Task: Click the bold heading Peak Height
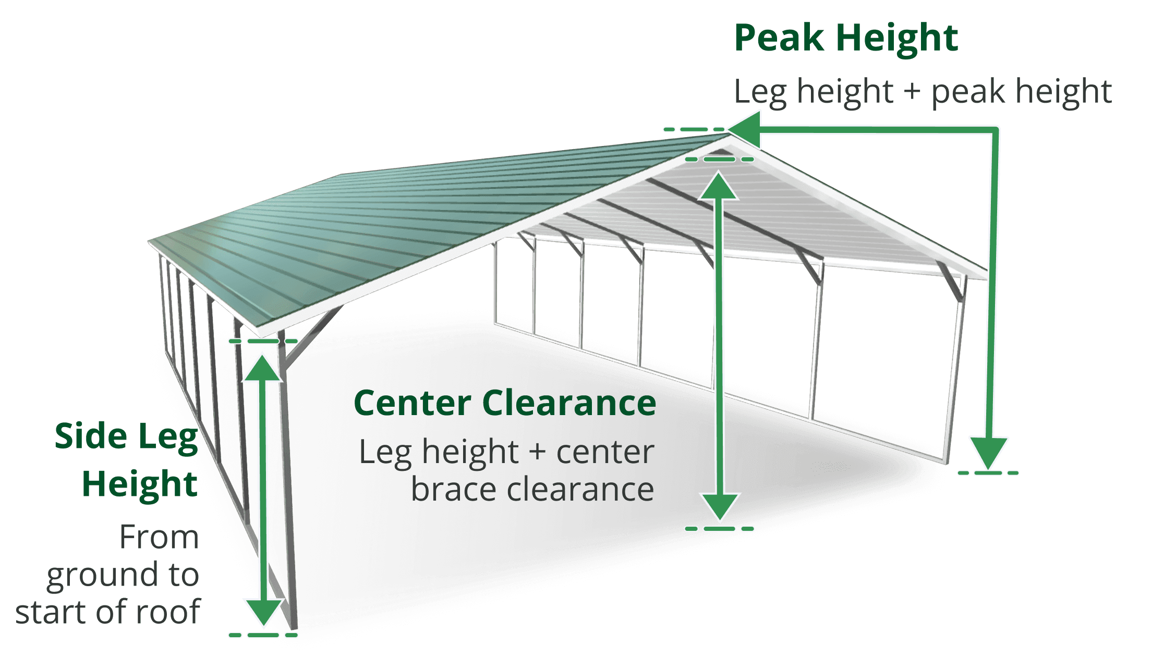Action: (x=846, y=38)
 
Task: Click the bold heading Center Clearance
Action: (x=505, y=403)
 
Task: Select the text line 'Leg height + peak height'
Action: (x=923, y=92)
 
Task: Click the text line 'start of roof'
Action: (x=107, y=611)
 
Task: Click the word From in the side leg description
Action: (x=159, y=537)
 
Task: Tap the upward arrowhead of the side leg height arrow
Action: (x=263, y=368)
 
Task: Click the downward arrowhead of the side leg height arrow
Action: (x=263, y=612)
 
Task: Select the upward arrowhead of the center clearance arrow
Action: (x=719, y=186)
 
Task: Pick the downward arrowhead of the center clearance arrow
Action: (x=720, y=506)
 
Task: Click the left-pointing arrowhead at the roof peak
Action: (x=744, y=129)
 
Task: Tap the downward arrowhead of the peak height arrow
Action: (x=989, y=453)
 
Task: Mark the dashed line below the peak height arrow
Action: (x=988, y=473)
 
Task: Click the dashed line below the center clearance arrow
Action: (x=720, y=529)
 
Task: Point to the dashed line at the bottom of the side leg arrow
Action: (x=263, y=635)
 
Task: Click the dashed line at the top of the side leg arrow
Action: (x=263, y=341)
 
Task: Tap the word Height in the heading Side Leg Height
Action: (x=140, y=484)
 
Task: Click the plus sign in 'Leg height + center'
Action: (x=538, y=452)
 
